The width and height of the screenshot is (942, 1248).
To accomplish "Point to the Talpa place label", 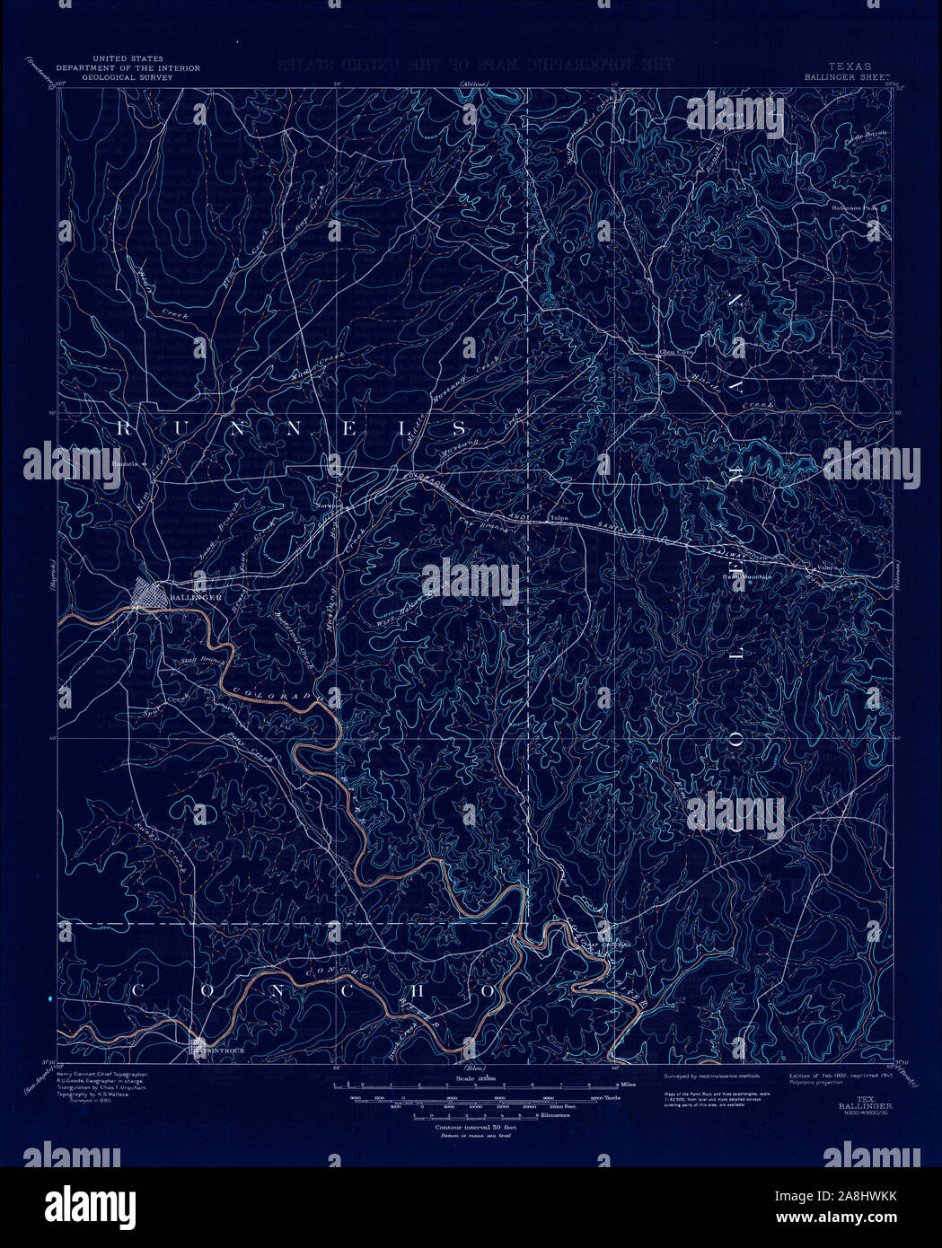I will (x=560, y=518).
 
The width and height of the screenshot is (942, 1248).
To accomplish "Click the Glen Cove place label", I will (x=677, y=352).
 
